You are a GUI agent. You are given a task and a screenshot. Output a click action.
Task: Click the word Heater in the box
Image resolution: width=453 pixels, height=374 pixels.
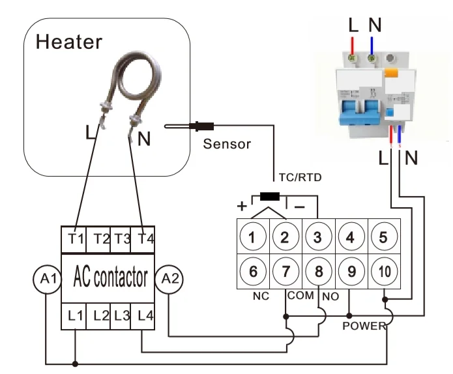coord(69,42)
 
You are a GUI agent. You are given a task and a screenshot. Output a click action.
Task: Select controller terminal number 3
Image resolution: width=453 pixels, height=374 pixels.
coord(318,237)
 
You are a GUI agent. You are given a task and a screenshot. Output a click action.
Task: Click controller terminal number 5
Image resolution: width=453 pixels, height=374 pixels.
coord(383,237)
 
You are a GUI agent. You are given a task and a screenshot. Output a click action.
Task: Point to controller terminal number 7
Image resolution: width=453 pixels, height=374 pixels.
coord(285,270)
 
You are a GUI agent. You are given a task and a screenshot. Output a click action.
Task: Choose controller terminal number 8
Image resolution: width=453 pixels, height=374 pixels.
coord(318,270)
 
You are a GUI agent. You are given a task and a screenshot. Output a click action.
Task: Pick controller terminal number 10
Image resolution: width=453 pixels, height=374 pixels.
coord(383,270)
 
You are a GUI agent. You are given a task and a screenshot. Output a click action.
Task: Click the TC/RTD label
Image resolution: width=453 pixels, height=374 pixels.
coord(300,177)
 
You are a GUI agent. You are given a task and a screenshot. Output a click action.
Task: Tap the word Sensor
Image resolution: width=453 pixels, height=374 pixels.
coord(227,144)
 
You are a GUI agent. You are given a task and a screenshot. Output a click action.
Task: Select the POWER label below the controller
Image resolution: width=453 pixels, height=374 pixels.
coord(364,326)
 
